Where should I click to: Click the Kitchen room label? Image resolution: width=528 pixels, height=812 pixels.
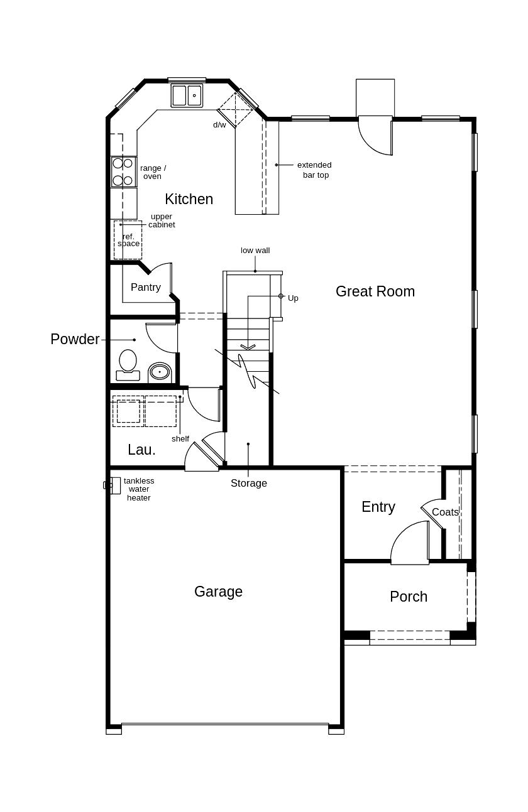[189, 199]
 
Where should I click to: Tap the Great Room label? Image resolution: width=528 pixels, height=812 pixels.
[375, 291]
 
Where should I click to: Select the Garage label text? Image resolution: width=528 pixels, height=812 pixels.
[218, 592]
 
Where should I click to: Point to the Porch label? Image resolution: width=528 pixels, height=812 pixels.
[409, 597]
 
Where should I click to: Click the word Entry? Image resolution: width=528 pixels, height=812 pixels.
[378, 507]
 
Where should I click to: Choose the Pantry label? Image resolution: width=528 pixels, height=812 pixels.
[146, 287]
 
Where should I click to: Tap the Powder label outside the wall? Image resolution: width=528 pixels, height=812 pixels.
[75, 339]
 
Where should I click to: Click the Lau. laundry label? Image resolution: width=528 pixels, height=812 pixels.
[141, 450]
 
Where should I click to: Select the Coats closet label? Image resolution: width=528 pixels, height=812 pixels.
[445, 512]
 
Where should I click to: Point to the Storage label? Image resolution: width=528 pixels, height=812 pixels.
[248, 483]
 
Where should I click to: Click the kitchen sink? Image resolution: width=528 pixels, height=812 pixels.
[187, 95]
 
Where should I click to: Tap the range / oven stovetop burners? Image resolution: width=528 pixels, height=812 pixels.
[123, 171]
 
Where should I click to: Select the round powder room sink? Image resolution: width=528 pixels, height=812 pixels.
[160, 372]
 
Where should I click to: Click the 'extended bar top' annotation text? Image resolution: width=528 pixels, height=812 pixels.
[314, 170]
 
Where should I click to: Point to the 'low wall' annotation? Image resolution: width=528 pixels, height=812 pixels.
[255, 251]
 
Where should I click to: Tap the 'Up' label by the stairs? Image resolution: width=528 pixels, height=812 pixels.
[293, 298]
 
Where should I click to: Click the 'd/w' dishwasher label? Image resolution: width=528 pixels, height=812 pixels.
[219, 125]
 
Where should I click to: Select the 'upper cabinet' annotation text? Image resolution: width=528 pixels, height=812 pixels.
[162, 220]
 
